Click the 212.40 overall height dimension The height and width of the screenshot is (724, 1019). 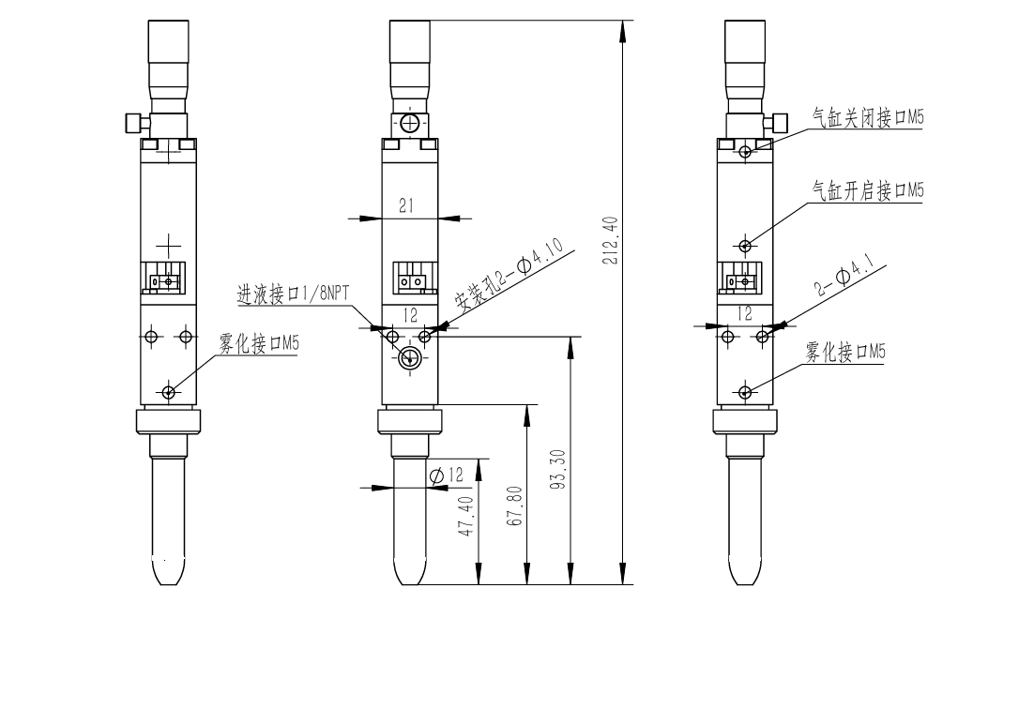pos(610,240)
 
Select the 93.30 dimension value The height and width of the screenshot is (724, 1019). pos(560,470)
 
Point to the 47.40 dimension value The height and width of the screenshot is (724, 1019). pos(466,517)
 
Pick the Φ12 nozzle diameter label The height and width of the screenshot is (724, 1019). pos(447,475)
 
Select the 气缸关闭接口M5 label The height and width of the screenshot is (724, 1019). pos(867,118)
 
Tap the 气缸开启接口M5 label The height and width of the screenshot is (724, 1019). pos(867,190)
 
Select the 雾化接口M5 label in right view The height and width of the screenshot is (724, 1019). pos(844,352)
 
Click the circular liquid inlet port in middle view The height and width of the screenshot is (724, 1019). pos(408,357)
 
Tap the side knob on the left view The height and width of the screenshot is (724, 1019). pos(133,122)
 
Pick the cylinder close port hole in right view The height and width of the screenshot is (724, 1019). pos(745,151)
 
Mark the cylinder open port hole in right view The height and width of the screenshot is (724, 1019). pos(745,246)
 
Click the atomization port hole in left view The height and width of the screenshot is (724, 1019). pos(168,392)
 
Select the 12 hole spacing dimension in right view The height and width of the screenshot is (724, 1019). pos(745,314)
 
